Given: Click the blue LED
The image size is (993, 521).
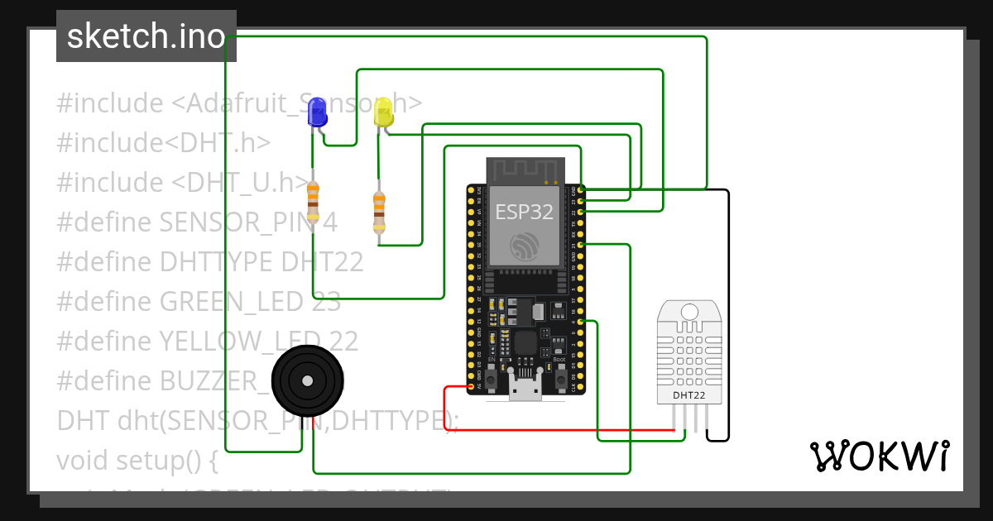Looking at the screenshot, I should pos(317,112).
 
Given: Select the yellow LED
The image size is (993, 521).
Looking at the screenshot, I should pos(383,112).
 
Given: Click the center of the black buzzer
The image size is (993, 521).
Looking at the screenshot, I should pos(307,380).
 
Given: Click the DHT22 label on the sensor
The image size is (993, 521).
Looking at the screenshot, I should pos(688,395).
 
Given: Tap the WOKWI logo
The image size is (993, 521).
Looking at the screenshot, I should pos(879,456).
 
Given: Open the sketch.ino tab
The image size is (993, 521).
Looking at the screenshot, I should pos(146,36).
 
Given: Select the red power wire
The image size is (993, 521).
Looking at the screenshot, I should pos(563,430).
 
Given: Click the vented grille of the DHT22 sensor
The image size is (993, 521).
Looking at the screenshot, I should pos(688,356).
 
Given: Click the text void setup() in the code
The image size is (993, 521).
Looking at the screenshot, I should pos(137,460).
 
